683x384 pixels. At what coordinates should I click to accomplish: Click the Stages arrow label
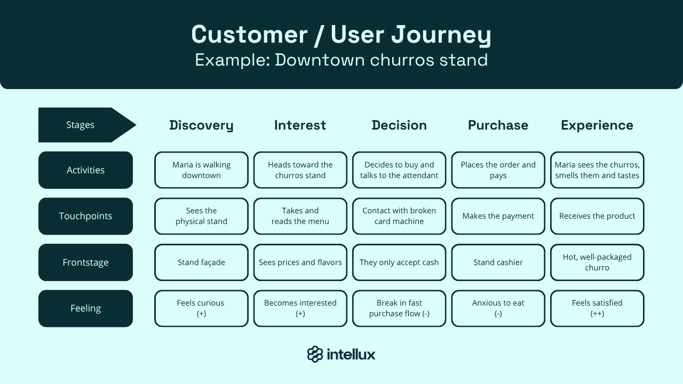[81, 125]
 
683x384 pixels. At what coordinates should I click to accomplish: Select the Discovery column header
[201, 125]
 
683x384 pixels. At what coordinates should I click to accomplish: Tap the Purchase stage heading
[498, 125]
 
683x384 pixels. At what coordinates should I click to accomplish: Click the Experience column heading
[597, 125]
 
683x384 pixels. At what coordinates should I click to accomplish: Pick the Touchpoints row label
[85, 216]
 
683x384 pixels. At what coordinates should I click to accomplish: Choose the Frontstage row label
[85, 262]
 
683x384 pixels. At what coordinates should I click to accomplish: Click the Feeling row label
[85, 308]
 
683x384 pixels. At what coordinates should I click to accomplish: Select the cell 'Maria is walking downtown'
[201, 170]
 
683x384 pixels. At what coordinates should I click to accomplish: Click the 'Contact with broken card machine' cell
[399, 216]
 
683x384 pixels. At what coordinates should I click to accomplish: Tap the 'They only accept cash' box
[399, 262]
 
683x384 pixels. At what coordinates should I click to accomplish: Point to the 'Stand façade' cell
[201, 262]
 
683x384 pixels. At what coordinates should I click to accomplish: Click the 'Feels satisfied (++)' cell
[597, 308]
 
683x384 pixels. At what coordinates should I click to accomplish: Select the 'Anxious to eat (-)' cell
[498, 308]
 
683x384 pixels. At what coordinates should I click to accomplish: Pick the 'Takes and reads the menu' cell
[300, 216]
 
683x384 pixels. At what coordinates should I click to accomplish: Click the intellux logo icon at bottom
[315, 354]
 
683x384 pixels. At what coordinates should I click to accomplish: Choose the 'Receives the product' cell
[597, 216]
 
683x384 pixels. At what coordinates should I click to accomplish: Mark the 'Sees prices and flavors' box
[300, 262]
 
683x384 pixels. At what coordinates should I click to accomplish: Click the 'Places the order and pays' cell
[498, 170]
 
